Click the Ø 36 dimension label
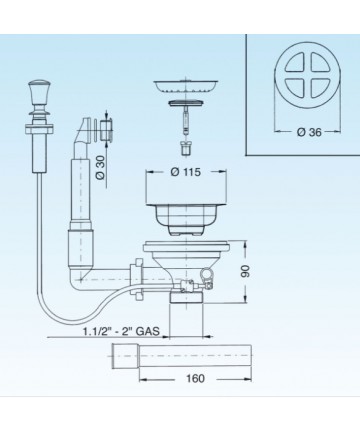point(309,132)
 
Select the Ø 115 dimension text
point(186,172)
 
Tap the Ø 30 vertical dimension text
point(101,166)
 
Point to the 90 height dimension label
point(246,271)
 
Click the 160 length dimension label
point(195,379)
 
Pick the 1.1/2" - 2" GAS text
point(121,331)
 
